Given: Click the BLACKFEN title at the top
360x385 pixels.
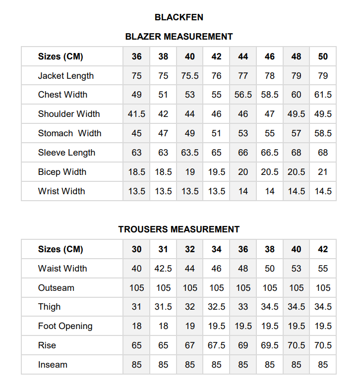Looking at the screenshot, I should click(179, 17).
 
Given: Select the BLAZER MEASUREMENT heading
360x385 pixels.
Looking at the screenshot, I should click(179, 37).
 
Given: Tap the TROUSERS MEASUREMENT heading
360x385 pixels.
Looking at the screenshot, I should click(179, 229).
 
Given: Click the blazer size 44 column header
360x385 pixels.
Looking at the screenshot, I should click(243, 56).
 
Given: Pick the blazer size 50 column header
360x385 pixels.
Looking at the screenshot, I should click(323, 56).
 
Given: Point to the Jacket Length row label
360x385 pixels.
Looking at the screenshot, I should click(66, 76).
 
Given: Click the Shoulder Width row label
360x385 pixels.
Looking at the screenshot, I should click(69, 114).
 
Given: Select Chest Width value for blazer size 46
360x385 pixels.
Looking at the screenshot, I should click(270, 95).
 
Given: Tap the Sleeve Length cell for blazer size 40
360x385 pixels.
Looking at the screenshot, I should click(190, 153).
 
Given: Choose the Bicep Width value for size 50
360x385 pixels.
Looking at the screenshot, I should click(323, 172).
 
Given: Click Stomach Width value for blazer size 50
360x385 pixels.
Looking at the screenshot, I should click(323, 133).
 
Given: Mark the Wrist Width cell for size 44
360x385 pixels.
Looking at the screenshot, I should click(243, 191).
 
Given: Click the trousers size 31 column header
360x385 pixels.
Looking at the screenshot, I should click(163, 249).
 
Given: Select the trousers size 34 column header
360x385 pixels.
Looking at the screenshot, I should click(217, 249).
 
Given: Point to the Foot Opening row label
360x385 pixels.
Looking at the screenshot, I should click(65, 326).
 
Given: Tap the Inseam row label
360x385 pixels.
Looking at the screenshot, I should click(53, 365).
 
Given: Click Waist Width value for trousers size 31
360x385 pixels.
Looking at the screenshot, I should click(163, 269).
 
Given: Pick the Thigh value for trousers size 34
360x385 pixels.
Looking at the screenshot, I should click(217, 307).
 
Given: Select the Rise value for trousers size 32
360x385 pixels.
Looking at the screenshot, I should click(190, 345).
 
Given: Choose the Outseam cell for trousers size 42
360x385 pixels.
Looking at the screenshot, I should click(323, 288).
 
